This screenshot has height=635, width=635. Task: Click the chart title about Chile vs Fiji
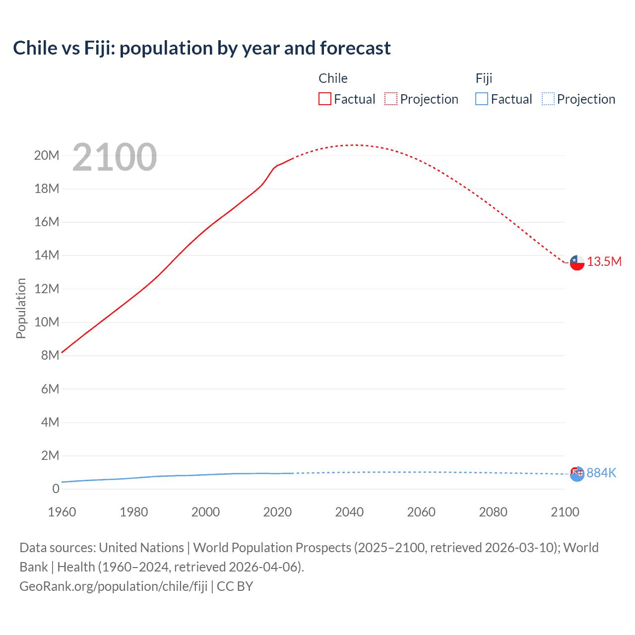point(201,48)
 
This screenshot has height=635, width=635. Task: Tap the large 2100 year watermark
point(115,157)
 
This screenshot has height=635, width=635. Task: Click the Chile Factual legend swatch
point(324,99)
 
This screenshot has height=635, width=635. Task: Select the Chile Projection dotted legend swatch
point(391,99)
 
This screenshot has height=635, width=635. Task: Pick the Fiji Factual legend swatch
point(482,99)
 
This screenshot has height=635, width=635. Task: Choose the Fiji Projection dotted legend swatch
point(548,99)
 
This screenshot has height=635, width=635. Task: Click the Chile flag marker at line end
point(577,262)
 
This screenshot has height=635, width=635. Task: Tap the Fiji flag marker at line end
point(577,474)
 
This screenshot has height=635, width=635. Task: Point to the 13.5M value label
point(604,262)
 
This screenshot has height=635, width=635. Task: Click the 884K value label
point(601,473)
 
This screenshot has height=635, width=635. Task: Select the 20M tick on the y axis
point(47,156)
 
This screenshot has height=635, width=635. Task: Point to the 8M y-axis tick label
point(50,356)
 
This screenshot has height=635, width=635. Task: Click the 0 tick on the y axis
point(56,489)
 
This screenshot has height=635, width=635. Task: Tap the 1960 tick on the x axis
point(62,512)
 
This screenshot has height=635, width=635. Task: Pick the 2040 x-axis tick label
point(349,512)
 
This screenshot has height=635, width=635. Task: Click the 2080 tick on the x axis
point(493,512)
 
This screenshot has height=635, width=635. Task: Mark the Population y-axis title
point(21,308)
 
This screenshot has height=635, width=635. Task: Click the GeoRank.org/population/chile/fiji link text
point(113,586)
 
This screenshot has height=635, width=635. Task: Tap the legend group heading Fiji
point(484,78)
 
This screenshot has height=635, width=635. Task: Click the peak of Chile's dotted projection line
point(352,145)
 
